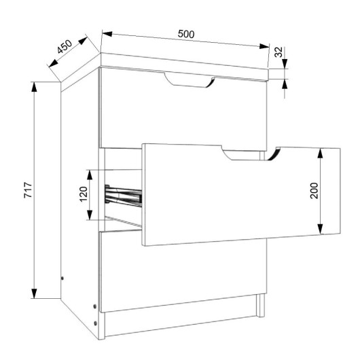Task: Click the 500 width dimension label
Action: click(x=186, y=34)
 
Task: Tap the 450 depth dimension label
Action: click(x=65, y=47)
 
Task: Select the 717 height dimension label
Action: click(x=29, y=190)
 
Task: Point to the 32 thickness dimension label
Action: click(x=278, y=52)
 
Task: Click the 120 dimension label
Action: click(x=84, y=194)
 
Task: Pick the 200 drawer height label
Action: click(x=314, y=191)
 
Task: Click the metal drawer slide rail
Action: click(x=124, y=195)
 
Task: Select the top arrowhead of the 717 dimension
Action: click(x=34, y=86)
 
